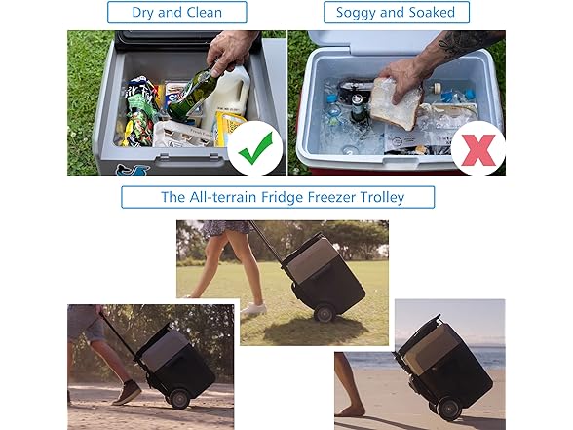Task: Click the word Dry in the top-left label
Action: click(143, 13)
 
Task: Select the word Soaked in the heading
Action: click(432, 12)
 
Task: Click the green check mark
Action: click(255, 148)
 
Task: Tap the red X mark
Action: click(477, 149)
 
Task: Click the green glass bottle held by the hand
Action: click(191, 96)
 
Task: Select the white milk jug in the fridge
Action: click(228, 97)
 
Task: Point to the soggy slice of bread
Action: click(396, 103)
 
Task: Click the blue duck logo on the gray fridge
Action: click(133, 170)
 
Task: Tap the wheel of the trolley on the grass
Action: click(325, 313)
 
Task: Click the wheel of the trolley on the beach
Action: click(449, 409)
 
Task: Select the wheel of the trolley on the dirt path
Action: click(179, 399)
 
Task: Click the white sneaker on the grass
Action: click(253, 308)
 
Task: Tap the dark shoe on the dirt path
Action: click(127, 393)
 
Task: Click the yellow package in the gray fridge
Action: click(226, 128)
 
